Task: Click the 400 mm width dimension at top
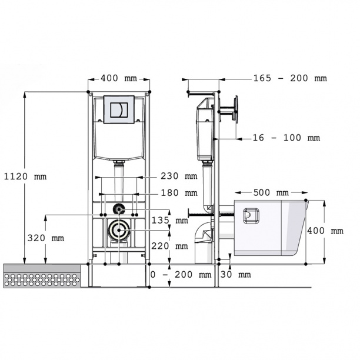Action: coord(119,78)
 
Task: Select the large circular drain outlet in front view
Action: coord(119,230)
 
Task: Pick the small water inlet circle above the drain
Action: coord(119,208)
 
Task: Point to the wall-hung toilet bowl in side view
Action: coord(276,229)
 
